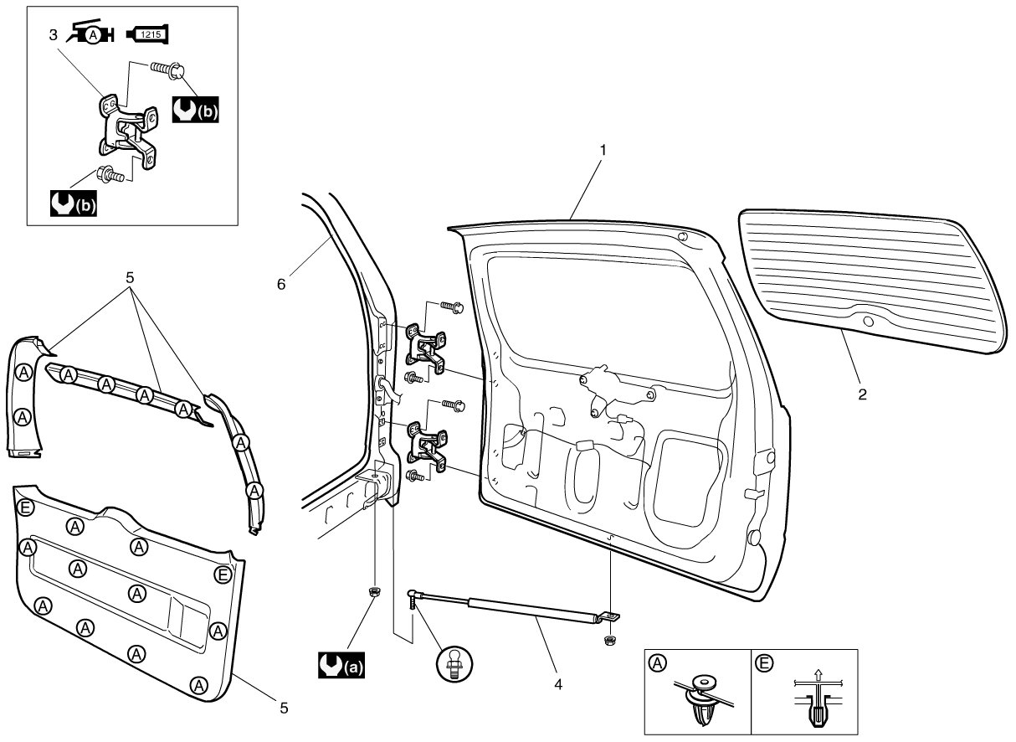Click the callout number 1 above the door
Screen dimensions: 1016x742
point(603,150)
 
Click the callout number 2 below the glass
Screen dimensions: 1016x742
point(862,394)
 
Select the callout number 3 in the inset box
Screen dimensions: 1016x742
point(53,35)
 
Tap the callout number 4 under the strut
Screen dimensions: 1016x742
point(558,684)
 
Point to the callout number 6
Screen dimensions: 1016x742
point(281,284)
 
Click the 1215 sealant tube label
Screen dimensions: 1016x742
point(151,34)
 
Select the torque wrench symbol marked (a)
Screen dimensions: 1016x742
point(341,665)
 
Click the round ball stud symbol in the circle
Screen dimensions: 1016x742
point(454,664)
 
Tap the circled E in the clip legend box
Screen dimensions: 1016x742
point(764,664)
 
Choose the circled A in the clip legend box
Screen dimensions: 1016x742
point(657,663)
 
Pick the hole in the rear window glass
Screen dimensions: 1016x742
point(868,322)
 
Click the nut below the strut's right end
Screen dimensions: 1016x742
point(610,642)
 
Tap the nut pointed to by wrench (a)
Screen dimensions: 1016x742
point(375,591)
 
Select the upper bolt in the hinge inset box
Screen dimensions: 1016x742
point(167,70)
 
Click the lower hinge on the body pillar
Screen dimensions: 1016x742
point(427,447)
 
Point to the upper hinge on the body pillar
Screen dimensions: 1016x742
point(426,348)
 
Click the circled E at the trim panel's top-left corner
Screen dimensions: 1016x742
point(25,507)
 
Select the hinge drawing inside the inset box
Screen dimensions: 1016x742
point(128,131)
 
